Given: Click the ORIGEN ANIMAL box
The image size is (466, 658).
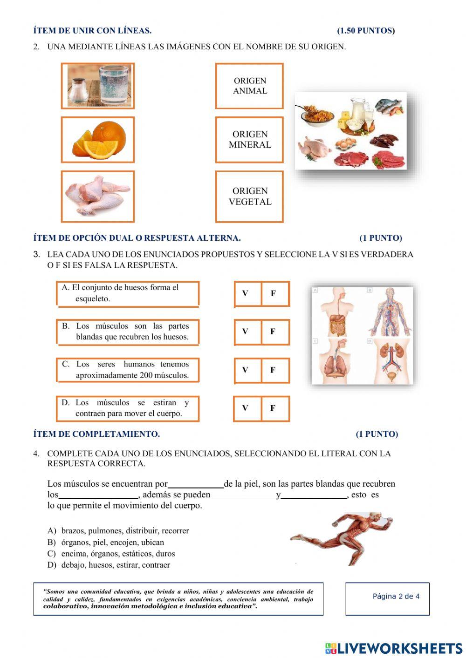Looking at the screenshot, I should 249,86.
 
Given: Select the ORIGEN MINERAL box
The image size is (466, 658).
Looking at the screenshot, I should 249,140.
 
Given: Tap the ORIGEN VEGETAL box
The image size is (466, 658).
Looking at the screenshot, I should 249,197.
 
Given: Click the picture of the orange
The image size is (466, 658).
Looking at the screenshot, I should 98,140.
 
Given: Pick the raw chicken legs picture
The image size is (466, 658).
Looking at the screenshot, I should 98,196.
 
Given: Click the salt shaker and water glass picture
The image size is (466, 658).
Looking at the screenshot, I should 98,86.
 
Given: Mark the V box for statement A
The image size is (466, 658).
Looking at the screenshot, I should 246,293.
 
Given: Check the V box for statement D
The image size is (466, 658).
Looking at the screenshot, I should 246,408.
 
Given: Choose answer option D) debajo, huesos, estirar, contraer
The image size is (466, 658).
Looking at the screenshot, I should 110,565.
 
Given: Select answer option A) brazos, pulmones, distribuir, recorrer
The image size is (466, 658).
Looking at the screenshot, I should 119,530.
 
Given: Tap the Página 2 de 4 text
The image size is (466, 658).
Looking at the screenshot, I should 396,597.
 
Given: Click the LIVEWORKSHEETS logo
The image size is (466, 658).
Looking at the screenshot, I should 394,648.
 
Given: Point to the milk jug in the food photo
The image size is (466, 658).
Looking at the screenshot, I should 359,109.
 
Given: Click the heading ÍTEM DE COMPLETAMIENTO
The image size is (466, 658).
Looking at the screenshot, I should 96,434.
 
